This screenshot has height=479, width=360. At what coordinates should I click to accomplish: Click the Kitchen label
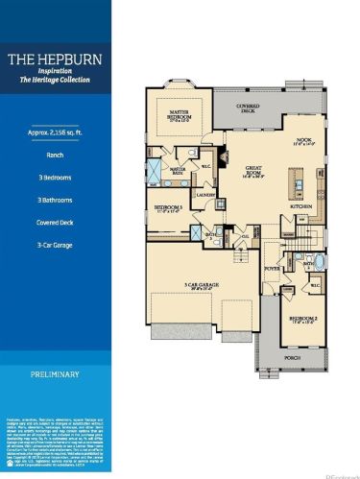pos(303,206)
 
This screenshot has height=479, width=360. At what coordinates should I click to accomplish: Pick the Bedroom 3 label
pos(169,208)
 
